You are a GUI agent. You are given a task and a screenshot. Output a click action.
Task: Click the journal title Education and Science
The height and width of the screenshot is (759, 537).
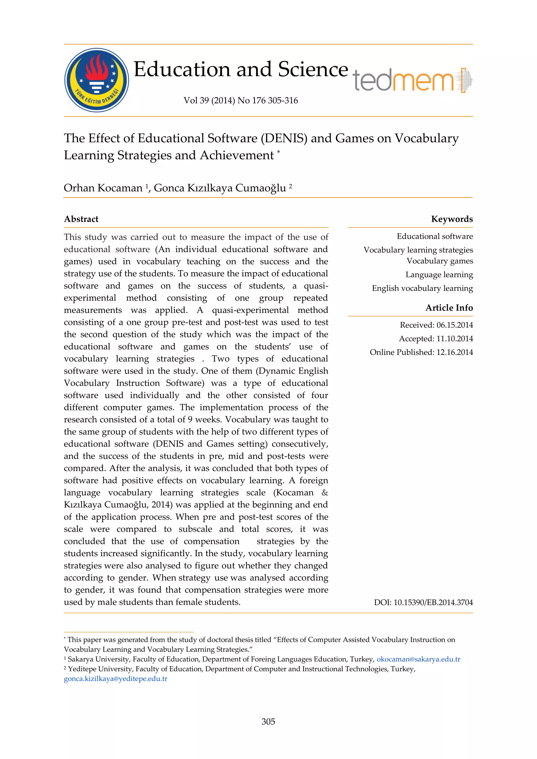click(241, 69)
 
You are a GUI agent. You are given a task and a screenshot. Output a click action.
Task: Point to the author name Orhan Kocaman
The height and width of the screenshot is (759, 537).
click(103, 188)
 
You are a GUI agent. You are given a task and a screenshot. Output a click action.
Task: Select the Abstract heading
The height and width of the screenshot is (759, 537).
click(81, 219)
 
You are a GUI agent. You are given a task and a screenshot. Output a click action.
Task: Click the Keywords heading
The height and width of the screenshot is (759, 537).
click(452, 219)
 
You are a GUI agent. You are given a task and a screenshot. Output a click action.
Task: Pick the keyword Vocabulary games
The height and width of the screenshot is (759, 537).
click(439, 261)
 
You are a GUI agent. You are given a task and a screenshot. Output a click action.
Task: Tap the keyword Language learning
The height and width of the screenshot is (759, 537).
click(439, 275)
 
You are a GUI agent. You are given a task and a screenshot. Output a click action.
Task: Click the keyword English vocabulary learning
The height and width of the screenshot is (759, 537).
click(422, 288)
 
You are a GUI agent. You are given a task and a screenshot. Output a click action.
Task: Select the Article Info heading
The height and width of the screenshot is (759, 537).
click(449, 308)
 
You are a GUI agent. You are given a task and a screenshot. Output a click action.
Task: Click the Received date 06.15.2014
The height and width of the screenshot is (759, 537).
click(455, 325)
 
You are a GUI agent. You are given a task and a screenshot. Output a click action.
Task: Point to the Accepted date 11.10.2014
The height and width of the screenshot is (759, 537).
click(455, 339)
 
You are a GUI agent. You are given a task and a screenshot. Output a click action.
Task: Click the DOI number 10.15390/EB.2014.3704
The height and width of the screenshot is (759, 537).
click(433, 602)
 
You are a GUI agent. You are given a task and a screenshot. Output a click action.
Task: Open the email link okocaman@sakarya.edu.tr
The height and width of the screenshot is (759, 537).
click(418, 659)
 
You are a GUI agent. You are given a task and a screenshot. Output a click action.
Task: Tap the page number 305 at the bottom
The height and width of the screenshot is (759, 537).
click(268, 722)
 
